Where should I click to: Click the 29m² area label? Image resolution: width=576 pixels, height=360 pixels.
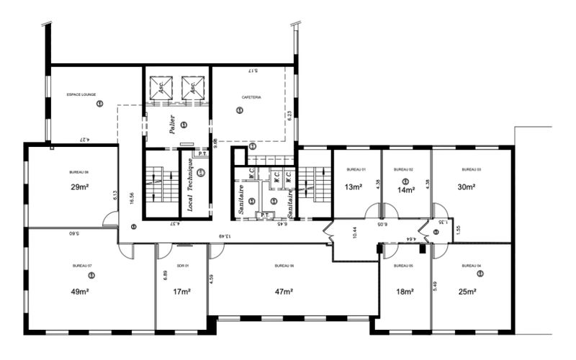79,187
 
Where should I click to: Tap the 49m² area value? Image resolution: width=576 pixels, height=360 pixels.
79,292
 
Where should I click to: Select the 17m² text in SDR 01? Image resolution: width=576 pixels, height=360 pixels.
181,292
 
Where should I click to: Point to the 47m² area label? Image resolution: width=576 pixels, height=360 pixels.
284,292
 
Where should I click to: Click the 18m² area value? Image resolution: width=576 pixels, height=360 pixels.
405,292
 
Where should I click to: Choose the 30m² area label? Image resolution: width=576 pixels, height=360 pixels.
467,188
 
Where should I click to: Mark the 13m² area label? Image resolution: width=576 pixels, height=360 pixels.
354,188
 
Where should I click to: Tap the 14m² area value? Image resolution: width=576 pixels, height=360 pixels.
406,190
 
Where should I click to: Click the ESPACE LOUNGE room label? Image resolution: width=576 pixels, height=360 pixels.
81,94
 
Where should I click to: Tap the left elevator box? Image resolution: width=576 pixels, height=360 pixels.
161,89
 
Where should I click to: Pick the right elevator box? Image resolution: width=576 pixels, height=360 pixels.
192,89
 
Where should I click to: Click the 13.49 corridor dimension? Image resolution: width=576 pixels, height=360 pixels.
225,235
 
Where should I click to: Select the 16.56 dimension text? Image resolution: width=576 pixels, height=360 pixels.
132,199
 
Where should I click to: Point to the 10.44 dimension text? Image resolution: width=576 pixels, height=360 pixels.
354,232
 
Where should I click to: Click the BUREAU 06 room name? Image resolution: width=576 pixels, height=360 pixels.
284,266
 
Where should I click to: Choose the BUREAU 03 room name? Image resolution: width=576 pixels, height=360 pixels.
472,169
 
